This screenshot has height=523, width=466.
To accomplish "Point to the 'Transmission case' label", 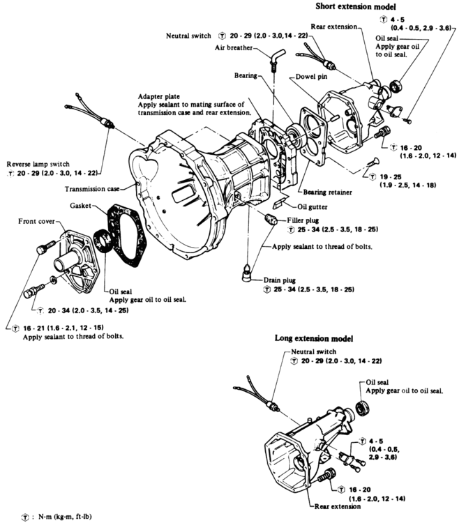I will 99,188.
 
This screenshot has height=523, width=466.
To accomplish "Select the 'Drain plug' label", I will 300,280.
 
